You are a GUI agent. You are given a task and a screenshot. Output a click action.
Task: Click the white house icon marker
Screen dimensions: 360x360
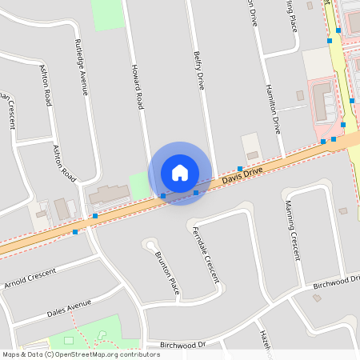[x=180, y=173]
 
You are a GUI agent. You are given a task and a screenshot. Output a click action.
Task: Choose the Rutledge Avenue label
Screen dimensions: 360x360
[x=81, y=66]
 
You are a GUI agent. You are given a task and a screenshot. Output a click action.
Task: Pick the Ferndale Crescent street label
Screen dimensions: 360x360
[x=206, y=254]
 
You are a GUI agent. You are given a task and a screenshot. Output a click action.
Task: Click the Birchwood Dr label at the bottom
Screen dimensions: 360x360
[x=182, y=344]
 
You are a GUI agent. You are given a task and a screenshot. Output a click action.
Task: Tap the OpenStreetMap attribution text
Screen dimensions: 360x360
[x=81, y=354]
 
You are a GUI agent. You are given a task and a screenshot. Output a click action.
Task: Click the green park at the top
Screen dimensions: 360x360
[x=108, y=14]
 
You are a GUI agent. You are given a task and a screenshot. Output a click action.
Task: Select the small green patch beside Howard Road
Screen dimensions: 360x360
[x=140, y=186]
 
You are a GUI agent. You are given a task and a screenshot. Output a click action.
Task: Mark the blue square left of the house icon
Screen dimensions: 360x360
[x=163, y=195]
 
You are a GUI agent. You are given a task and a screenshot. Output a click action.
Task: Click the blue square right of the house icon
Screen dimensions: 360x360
[x=196, y=192]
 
